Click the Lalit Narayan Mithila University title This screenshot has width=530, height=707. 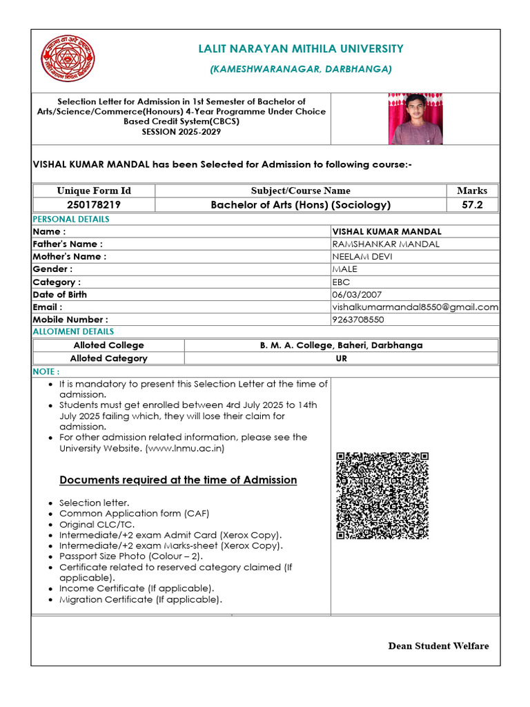(x=301, y=49)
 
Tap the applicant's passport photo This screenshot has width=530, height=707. (x=417, y=119)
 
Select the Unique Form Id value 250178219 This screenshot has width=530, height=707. (x=94, y=204)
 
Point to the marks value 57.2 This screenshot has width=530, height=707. (x=472, y=204)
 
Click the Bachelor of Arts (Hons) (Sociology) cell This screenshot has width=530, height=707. (x=300, y=204)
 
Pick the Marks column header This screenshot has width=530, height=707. (x=472, y=191)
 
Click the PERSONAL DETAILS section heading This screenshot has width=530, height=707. (x=71, y=219)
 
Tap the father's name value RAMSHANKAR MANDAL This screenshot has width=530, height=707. (x=386, y=244)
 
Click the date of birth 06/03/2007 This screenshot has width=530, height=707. (x=357, y=294)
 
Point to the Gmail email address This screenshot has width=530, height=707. (x=415, y=307)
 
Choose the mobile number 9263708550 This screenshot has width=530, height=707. (x=358, y=320)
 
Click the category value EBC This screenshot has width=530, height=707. (x=341, y=282)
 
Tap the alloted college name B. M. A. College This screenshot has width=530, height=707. (x=341, y=345)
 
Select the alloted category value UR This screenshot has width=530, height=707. (x=341, y=358)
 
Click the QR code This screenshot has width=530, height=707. (x=382, y=496)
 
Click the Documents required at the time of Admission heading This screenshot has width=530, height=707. (x=178, y=480)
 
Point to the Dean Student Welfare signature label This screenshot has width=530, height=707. (x=438, y=646)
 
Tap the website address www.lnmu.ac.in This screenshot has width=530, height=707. (x=184, y=448)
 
